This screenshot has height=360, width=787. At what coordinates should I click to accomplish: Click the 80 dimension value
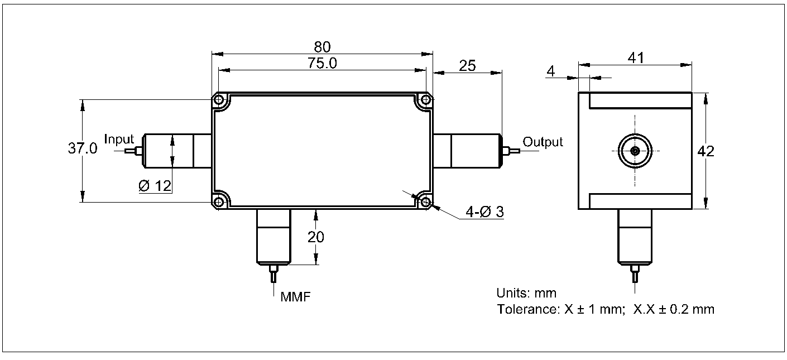[322, 47]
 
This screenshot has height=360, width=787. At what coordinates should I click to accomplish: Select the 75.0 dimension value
[322, 63]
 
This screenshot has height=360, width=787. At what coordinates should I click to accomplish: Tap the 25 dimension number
[467, 65]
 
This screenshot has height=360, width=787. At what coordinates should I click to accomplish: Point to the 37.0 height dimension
[83, 149]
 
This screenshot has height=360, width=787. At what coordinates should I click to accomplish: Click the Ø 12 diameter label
[155, 186]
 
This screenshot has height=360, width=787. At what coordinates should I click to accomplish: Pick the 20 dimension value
[316, 237]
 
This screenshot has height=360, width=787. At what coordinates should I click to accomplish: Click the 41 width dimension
[636, 57]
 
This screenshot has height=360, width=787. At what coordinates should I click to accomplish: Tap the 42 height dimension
[706, 151]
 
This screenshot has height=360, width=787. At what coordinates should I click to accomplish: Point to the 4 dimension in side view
[551, 71]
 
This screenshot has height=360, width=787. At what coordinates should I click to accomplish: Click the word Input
[119, 140]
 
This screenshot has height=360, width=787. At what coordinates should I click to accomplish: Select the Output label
[543, 142]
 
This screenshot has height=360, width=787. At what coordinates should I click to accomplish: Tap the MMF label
[296, 296]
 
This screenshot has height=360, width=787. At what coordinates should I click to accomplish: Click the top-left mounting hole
[219, 100]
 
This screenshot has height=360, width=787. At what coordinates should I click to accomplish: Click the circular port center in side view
[635, 151]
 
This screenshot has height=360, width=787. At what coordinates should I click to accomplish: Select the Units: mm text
[526, 293]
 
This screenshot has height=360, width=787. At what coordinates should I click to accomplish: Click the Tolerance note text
[606, 309]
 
